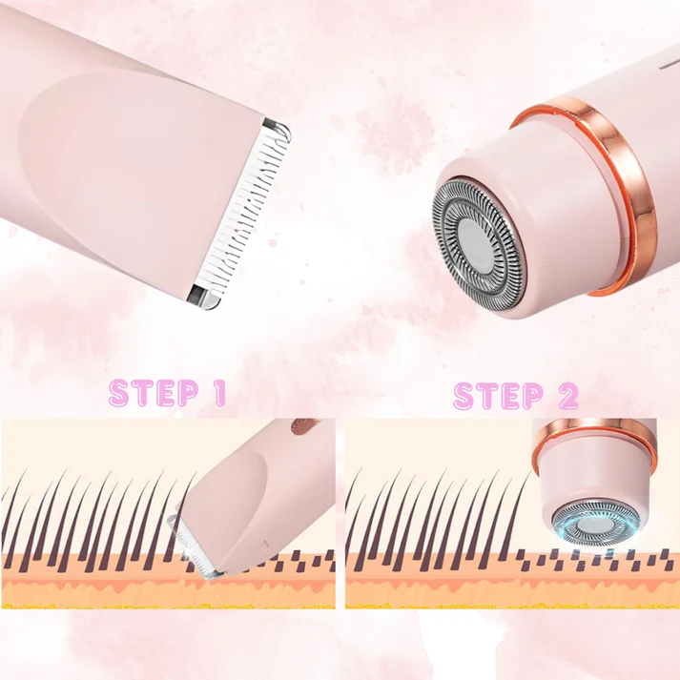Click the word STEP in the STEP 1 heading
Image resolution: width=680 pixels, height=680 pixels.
coord(143,393)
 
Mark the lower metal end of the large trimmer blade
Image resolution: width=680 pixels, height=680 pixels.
coord(203,297)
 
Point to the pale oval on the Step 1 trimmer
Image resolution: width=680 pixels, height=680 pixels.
coord(234,486)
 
